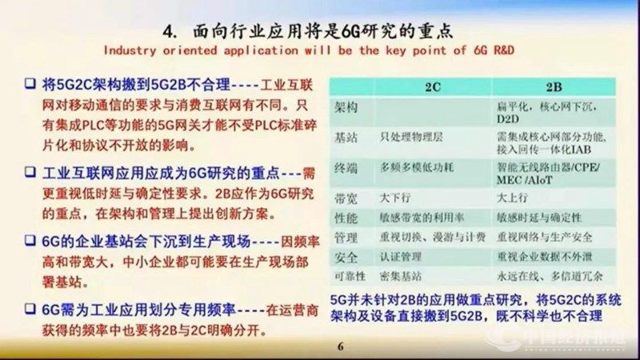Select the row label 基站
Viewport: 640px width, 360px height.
[x=346, y=137]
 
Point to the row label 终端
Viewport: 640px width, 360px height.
[x=346, y=168]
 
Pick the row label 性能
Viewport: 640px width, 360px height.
[x=346, y=216]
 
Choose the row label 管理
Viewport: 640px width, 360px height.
[x=346, y=237]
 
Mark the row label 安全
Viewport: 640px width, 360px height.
[x=346, y=257]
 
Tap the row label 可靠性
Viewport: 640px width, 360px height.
[x=350, y=277]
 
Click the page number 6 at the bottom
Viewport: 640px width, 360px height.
[x=339, y=346]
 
